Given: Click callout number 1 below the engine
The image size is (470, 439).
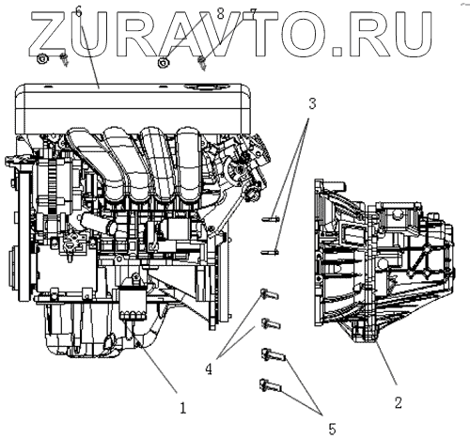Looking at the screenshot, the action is click(x=182, y=408).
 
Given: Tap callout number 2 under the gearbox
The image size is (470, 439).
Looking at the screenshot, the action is click(x=398, y=402).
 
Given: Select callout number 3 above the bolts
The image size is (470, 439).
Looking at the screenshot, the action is click(x=312, y=103).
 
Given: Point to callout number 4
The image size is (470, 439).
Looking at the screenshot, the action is click(x=209, y=369).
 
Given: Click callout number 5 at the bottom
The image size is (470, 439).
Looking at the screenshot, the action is click(x=332, y=429).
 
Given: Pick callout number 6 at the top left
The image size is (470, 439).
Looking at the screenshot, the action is click(x=78, y=12).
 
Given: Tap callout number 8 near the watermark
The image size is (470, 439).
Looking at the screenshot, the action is click(x=221, y=14).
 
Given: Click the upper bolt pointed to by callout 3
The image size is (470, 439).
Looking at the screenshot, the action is click(x=271, y=218).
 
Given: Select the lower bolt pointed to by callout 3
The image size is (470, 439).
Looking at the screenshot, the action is click(x=270, y=251).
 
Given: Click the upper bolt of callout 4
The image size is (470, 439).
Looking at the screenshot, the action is click(x=269, y=294).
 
